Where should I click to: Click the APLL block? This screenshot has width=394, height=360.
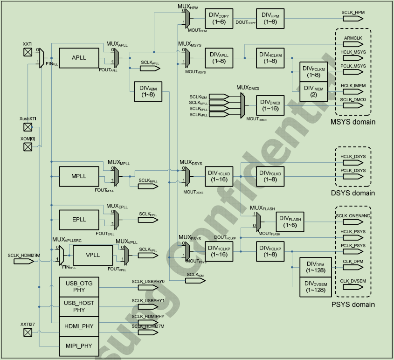coord(79,58)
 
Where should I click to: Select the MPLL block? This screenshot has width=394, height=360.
coord(79,176)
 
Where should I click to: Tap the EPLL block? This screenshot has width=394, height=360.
coord(79,220)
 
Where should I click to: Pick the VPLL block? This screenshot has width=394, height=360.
coord(93,255)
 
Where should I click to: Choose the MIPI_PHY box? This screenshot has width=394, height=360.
coord(79,346)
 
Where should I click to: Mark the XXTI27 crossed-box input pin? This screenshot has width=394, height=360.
coord(28,332)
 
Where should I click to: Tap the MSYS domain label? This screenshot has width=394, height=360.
coord(353,122)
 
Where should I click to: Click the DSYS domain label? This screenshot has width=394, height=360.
coord(353,193)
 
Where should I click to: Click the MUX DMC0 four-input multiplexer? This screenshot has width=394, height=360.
coord(243,105)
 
